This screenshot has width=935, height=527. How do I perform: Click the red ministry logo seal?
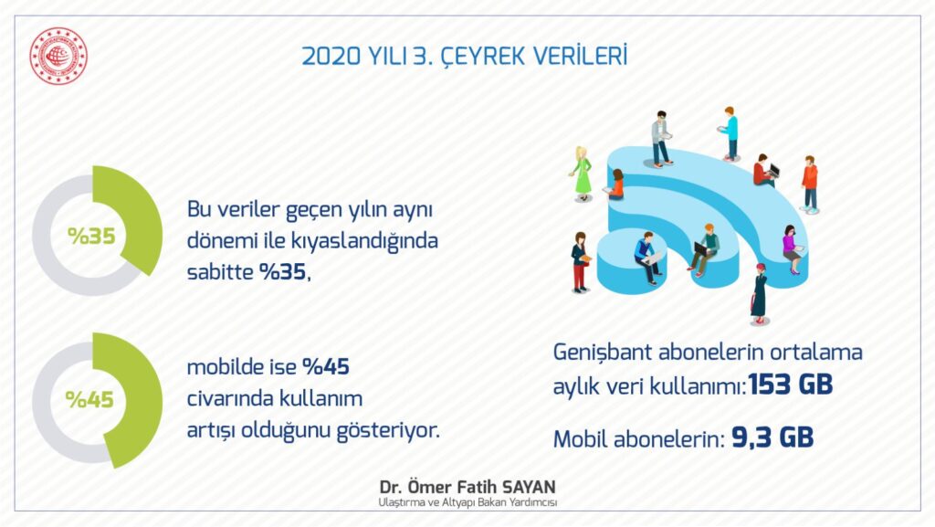58,56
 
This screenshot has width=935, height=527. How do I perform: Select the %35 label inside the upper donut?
91,236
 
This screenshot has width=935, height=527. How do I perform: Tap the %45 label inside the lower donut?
89,399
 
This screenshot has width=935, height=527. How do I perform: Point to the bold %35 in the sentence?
283,272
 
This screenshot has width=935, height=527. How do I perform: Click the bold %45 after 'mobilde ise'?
326,366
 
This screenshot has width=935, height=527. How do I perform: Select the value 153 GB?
791,385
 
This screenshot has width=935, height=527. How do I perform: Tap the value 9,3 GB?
772,437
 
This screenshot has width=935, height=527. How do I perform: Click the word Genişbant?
603,353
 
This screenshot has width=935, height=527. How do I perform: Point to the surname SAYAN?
525,487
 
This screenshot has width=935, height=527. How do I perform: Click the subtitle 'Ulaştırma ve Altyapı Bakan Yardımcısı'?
467,502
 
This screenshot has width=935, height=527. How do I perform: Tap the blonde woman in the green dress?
582,173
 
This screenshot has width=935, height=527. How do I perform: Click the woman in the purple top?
792,249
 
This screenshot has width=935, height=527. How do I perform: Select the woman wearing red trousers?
580,262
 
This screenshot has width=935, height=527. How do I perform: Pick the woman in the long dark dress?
759,293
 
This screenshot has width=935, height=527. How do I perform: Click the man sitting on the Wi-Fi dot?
646,258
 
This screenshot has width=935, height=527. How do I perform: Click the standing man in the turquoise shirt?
730,133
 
